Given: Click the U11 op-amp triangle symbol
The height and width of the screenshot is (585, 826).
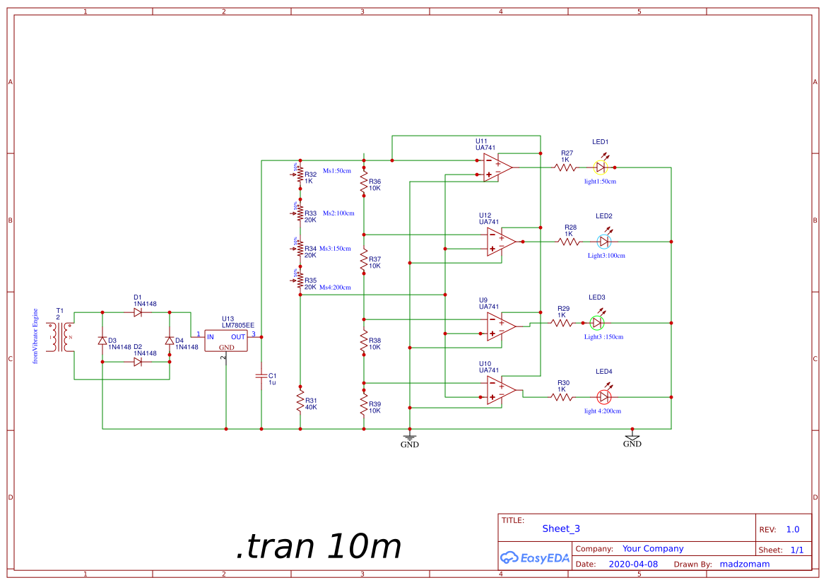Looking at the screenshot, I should [497, 167].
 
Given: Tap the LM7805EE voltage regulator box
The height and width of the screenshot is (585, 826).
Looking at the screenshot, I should [226, 341].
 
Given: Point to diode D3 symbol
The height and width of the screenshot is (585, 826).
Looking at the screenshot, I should [102, 341].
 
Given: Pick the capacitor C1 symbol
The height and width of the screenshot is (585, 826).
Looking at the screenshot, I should [261, 376].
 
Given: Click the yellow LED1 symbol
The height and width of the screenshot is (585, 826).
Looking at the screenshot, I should [601, 167].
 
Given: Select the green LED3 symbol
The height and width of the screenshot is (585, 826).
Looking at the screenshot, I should [597, 323].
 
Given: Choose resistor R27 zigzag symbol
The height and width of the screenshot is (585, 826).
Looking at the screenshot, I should [566, 167].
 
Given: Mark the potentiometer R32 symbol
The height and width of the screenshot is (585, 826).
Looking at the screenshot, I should [300, 175].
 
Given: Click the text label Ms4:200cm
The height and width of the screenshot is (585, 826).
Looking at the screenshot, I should [335, 288].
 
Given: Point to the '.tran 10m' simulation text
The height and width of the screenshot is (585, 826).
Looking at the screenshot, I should [319, 546].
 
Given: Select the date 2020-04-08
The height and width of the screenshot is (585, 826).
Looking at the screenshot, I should [632, 564].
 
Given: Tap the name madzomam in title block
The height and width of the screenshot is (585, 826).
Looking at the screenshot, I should [744, 564].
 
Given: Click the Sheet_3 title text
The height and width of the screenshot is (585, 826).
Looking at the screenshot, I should [561, 528].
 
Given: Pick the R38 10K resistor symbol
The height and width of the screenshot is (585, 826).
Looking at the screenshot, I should [364, 343].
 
